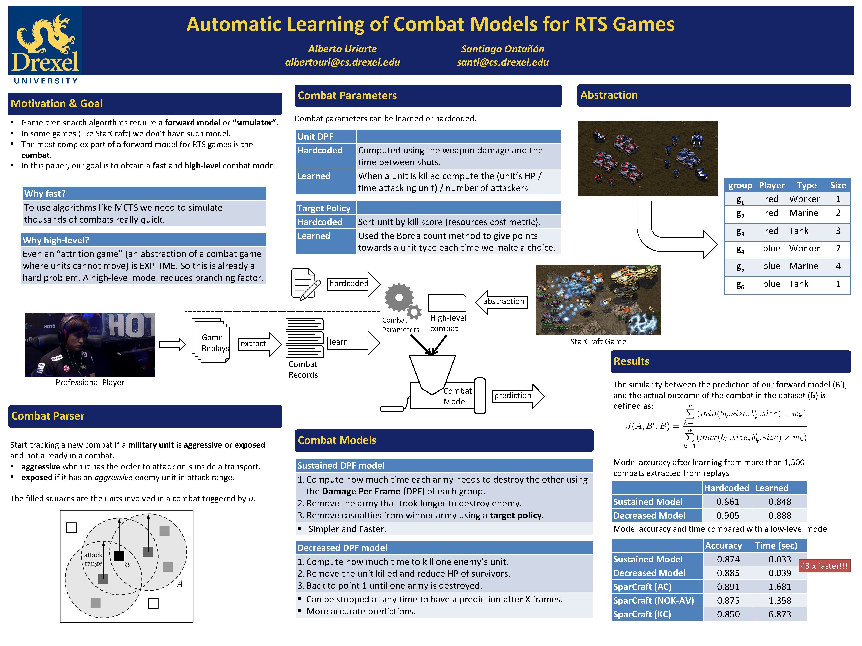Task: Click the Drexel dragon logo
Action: coord(45,43)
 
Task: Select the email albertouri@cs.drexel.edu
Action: coord(342,62)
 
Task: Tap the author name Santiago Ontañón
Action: coord(502,49)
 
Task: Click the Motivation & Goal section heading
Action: coord(57,104)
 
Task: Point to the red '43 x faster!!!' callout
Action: coord(824,566)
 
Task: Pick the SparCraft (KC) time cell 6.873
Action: coord(779,614)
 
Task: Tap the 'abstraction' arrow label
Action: coord(503,301)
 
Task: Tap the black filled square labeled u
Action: coord(119,556)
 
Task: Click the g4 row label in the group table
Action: coord(740,249)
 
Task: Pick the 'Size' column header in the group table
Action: coord(838,185)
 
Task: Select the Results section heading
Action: coord(631,361)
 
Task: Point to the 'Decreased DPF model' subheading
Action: coord(342,548)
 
